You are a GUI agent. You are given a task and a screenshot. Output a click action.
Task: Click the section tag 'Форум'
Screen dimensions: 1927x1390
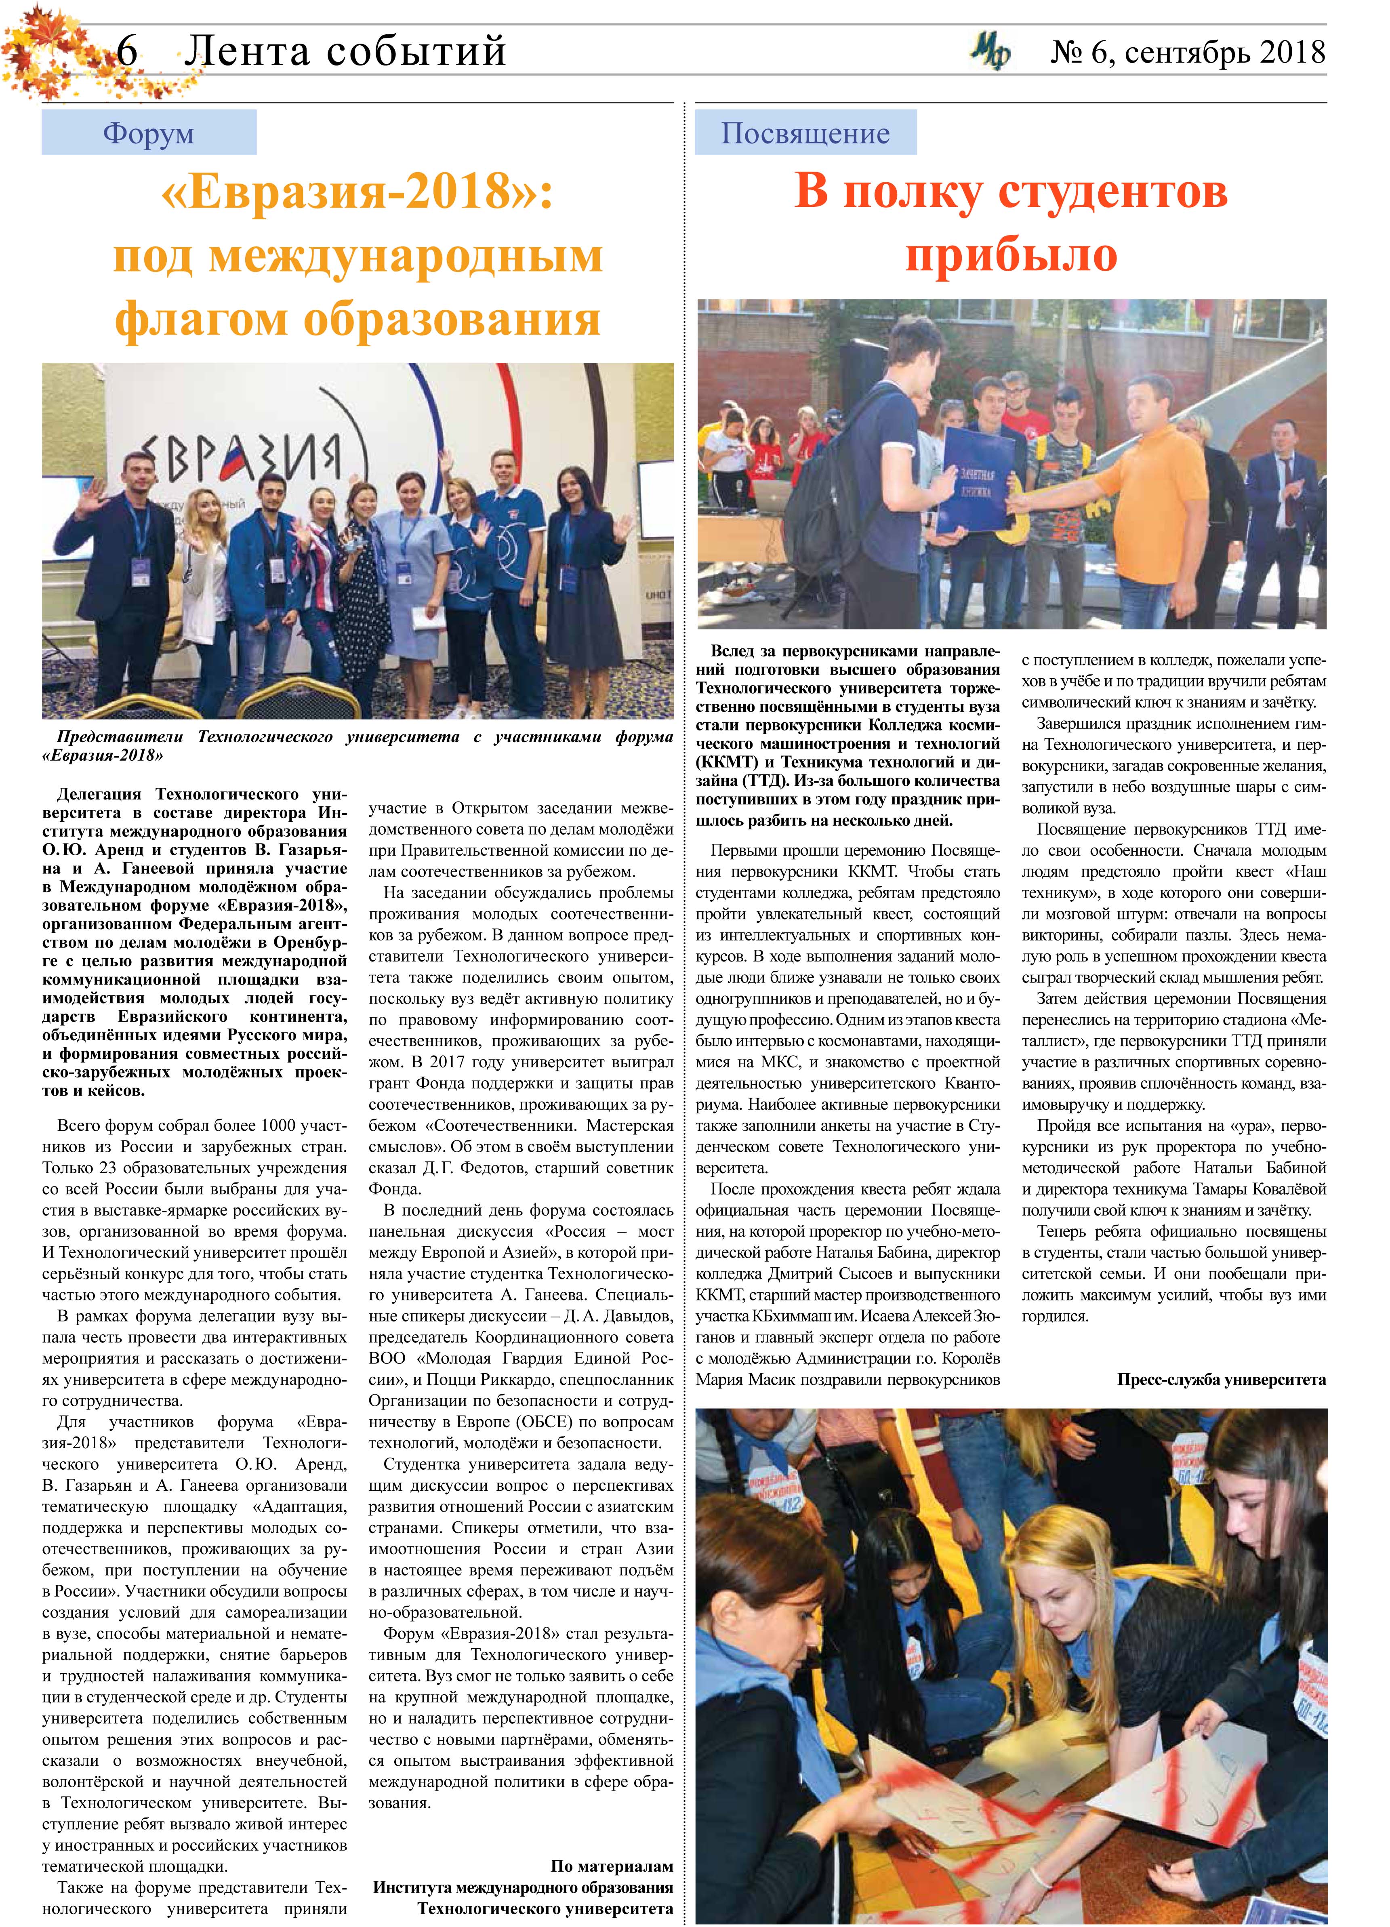tap(149, 133)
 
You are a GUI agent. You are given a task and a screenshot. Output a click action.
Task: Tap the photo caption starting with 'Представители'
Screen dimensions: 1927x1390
tap(357, 745)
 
